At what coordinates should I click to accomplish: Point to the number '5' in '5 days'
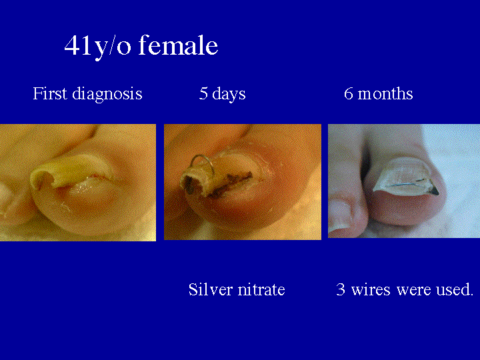point(203,94)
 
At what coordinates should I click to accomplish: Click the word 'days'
point(229,94)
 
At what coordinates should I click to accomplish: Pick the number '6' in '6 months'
point(349,94)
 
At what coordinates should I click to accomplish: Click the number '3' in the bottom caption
point(341,290)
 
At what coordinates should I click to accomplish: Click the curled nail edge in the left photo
point(43,175)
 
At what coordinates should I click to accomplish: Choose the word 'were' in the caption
point(413,290)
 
